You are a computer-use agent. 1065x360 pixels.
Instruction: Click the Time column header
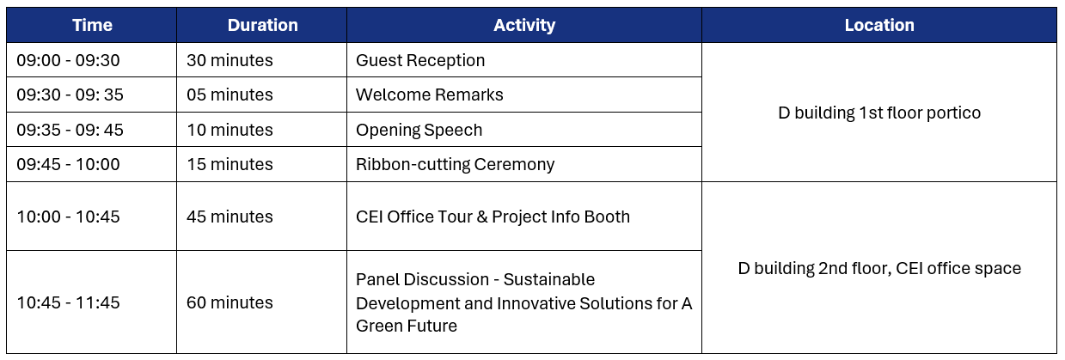click(92, 25)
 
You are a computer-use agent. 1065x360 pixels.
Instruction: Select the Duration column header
click(262, 25)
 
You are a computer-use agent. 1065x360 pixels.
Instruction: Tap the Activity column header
click(524, 25)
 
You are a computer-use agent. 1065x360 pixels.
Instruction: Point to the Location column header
click(879, 25)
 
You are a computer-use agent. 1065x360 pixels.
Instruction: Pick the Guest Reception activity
click(420, 60)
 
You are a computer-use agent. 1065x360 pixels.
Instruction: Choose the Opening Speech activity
click(419, 130)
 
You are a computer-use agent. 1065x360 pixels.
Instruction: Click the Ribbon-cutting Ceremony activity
click(455, 164)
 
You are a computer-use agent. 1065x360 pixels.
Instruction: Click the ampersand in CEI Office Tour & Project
click(482, 217)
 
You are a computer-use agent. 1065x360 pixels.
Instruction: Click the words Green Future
click(407, 326)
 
